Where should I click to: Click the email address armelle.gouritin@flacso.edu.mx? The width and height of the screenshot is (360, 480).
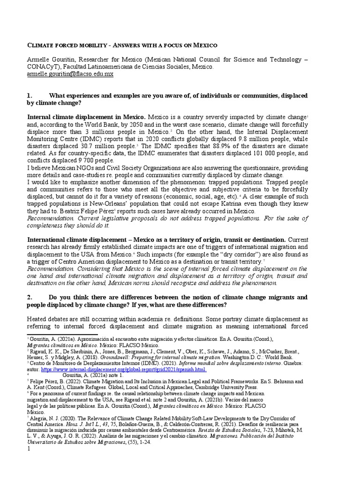(x=70, y=74)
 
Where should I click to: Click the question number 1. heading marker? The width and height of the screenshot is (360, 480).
(x=31, y=96)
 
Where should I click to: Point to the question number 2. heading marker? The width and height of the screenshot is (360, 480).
(x=31, y=297)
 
